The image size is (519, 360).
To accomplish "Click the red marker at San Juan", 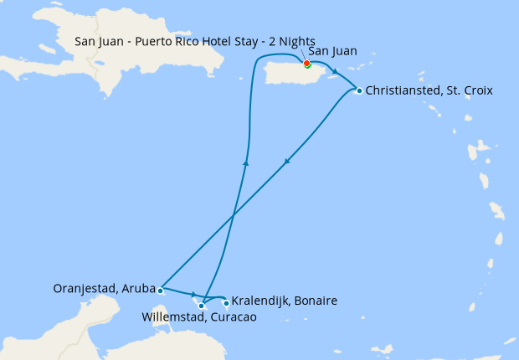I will coord(307,64).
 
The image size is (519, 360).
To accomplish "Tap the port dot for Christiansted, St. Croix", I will coord(359,90).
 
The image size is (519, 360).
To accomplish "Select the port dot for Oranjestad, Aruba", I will coord(160,291).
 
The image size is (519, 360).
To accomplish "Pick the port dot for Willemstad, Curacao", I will coord(202,306).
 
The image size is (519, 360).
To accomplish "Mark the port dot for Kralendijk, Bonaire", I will coord(226,303).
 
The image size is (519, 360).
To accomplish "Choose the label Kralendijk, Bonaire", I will coord(284,300).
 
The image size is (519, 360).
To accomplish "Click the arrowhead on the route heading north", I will coord(245,162).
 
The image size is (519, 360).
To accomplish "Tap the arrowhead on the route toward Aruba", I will coord(288,161).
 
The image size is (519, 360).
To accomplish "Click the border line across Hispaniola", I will coord(105,71).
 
